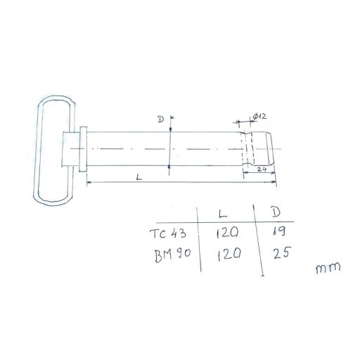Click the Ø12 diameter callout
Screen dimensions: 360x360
coord(257,116)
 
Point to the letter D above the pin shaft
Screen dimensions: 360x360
coord(161,120)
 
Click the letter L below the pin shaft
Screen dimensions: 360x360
coord(139,179)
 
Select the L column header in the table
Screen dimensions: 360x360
coord(223,211)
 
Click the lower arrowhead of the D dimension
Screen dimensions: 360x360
coord(171,165)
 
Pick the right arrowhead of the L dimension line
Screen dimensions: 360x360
coord(276,184)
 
